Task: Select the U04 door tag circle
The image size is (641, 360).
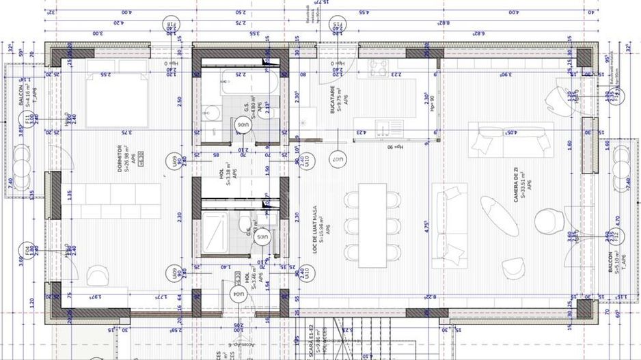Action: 238,295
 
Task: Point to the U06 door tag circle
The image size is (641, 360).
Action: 243,125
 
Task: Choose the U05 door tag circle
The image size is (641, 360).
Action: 262,236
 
